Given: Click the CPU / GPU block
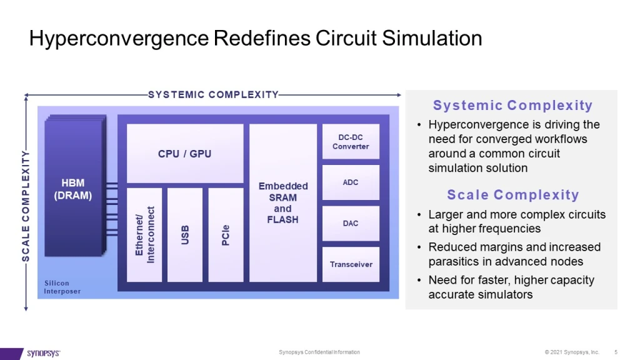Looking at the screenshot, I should click(184, 153).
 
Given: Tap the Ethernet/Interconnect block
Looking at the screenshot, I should click(144, 234).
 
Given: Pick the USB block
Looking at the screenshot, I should click(185, 234).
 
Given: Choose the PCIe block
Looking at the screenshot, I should click(226, 234).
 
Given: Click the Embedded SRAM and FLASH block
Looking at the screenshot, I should click(282, 202).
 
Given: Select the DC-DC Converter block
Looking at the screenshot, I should click(351, 142).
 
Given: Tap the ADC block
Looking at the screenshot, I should click(351, 182).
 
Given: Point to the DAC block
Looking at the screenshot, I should click(351, 223).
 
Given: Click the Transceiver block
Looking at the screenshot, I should click(351, 264).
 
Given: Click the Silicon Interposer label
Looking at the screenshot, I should click(62, 287).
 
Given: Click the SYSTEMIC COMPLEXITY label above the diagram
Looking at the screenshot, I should click(213, 95).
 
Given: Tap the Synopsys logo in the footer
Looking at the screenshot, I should click(44, 353).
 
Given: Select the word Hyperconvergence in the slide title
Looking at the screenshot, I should click(120, 39).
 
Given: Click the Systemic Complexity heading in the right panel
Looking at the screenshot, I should click(512, 106).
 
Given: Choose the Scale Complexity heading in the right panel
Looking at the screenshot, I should click(512, 195).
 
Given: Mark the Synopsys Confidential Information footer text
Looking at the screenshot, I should click(319, 352).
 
